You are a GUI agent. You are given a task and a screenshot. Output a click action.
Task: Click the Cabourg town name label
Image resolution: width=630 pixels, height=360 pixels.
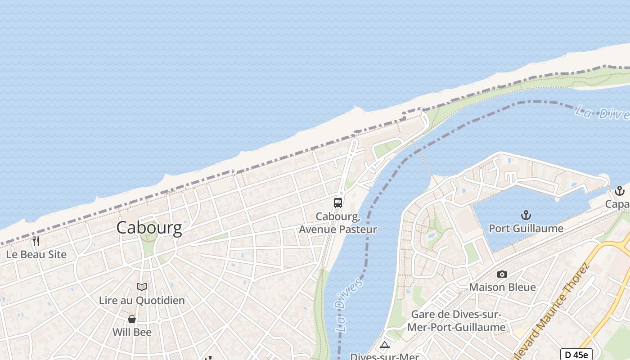pyautogui.click(x=149, y=228)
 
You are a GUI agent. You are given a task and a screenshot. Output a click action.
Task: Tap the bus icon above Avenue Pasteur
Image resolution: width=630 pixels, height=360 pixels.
pyautogui.click(x=338, y=202)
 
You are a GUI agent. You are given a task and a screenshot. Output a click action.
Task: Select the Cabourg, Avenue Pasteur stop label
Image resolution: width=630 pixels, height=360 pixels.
pyautogui.click(x=338, y=223)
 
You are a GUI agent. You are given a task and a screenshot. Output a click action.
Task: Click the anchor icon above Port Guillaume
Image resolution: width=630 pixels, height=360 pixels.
pyautogui.click(x=526, y=215)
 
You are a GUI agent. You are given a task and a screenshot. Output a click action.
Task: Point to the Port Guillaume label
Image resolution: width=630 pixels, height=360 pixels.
pyautogui.click(x=526, y=229)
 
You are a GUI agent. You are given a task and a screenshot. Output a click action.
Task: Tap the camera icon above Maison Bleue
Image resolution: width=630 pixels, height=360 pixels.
pyautogui.click(x=502, y=274)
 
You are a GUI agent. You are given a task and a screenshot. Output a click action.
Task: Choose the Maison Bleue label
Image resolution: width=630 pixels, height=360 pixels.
pyautogui.click(x=502, y=287)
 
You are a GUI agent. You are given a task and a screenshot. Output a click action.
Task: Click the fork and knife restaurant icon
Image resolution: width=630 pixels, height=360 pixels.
pyautogui.click(x=36, y=241)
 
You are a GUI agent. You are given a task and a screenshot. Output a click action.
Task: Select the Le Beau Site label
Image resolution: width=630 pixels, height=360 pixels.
pyautogui.click(x=36, y=254)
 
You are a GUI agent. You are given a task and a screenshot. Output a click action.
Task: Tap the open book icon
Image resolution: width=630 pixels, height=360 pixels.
pyautogui.click(x=142, y=287)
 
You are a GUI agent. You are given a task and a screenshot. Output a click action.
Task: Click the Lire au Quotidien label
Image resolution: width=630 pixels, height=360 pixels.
pyautogui.click(x=142, y=300)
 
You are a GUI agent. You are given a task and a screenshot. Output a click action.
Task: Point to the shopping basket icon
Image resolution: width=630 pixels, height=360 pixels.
pyautogui.click(x=132, y=319)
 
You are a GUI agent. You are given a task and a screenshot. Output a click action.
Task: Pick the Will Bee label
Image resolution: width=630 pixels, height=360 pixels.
pyautogui.click(x=132, y=332)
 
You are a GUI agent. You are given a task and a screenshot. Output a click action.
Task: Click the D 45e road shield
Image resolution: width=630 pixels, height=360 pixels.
pyautogui.click(x=576, y=354)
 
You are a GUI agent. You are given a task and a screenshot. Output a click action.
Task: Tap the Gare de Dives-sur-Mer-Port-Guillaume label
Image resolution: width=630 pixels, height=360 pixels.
pyautogui.click(x=456, y=321)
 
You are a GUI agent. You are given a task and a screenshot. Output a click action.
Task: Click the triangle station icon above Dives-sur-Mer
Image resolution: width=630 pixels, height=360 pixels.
pyautogui.click(x=384, y=345)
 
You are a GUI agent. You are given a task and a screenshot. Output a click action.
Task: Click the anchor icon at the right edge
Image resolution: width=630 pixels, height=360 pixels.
pyautogui.click(x=620, y=191)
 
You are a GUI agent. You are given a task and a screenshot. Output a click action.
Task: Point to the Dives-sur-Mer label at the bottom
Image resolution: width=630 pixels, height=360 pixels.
pyautogui.click(x=384, y=356)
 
